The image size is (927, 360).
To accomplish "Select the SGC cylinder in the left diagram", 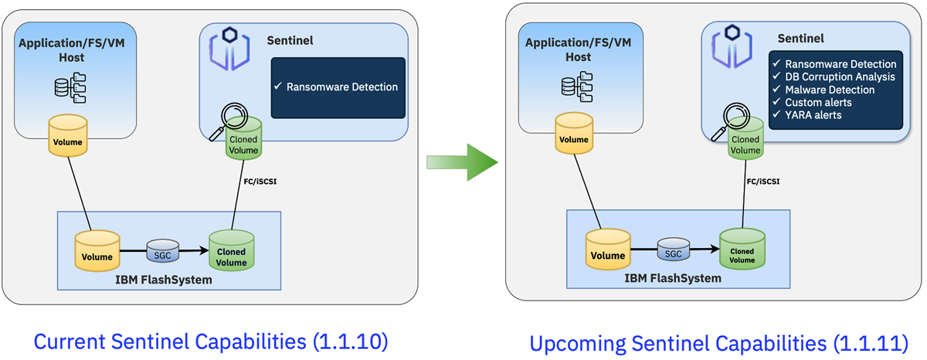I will click(x=163, y=250).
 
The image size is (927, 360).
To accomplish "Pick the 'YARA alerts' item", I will click(x=813, y=115).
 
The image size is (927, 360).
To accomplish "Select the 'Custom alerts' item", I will click(x=817, y=102).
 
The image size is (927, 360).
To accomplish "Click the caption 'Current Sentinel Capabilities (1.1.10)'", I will click(x=211, y=340).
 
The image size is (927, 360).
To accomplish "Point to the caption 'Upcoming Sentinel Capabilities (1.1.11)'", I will click(x=718, y=341).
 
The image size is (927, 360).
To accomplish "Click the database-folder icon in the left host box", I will click(x=70, y=88).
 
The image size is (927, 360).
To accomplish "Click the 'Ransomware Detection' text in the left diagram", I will click(x=341, y=87).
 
